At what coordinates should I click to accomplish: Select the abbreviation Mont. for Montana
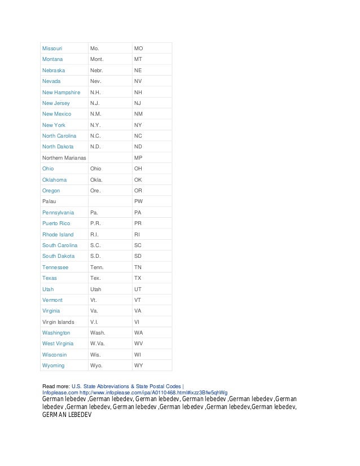click(x=99, y=59)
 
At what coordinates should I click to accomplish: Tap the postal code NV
click(x=138, y=81)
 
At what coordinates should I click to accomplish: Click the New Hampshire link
click(x=61, y=92)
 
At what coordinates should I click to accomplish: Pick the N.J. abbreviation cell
click(x=96, y=103)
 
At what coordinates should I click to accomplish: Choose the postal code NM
click(x=139, y=114)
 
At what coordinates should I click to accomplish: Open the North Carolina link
click(x=61, y=136)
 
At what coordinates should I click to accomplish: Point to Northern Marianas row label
click(x=64, y=157)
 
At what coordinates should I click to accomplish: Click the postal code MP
click(x=138, y=157)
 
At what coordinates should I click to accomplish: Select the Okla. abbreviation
click(x=98, y=180)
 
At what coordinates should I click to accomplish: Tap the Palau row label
click(x=49, y=201)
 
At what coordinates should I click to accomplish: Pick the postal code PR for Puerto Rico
click(x=138, y=223)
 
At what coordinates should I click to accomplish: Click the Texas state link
click(x=50, y=278)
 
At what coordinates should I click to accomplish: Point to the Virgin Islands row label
click(x=58, y=322)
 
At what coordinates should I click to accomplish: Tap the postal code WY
click(x=139, y=366)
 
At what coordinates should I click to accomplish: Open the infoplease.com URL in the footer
click(x=135, y=392)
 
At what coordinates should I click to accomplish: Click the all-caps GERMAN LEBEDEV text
click(x=67, y=414)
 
